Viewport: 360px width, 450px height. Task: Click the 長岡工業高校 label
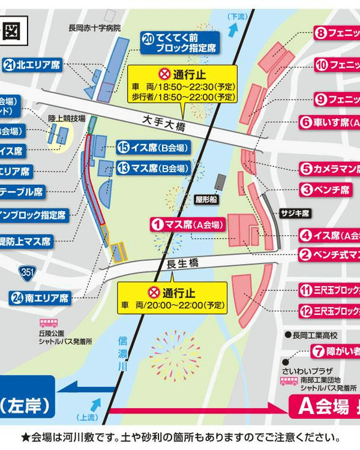pyautogui.click(x=310, y=334)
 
